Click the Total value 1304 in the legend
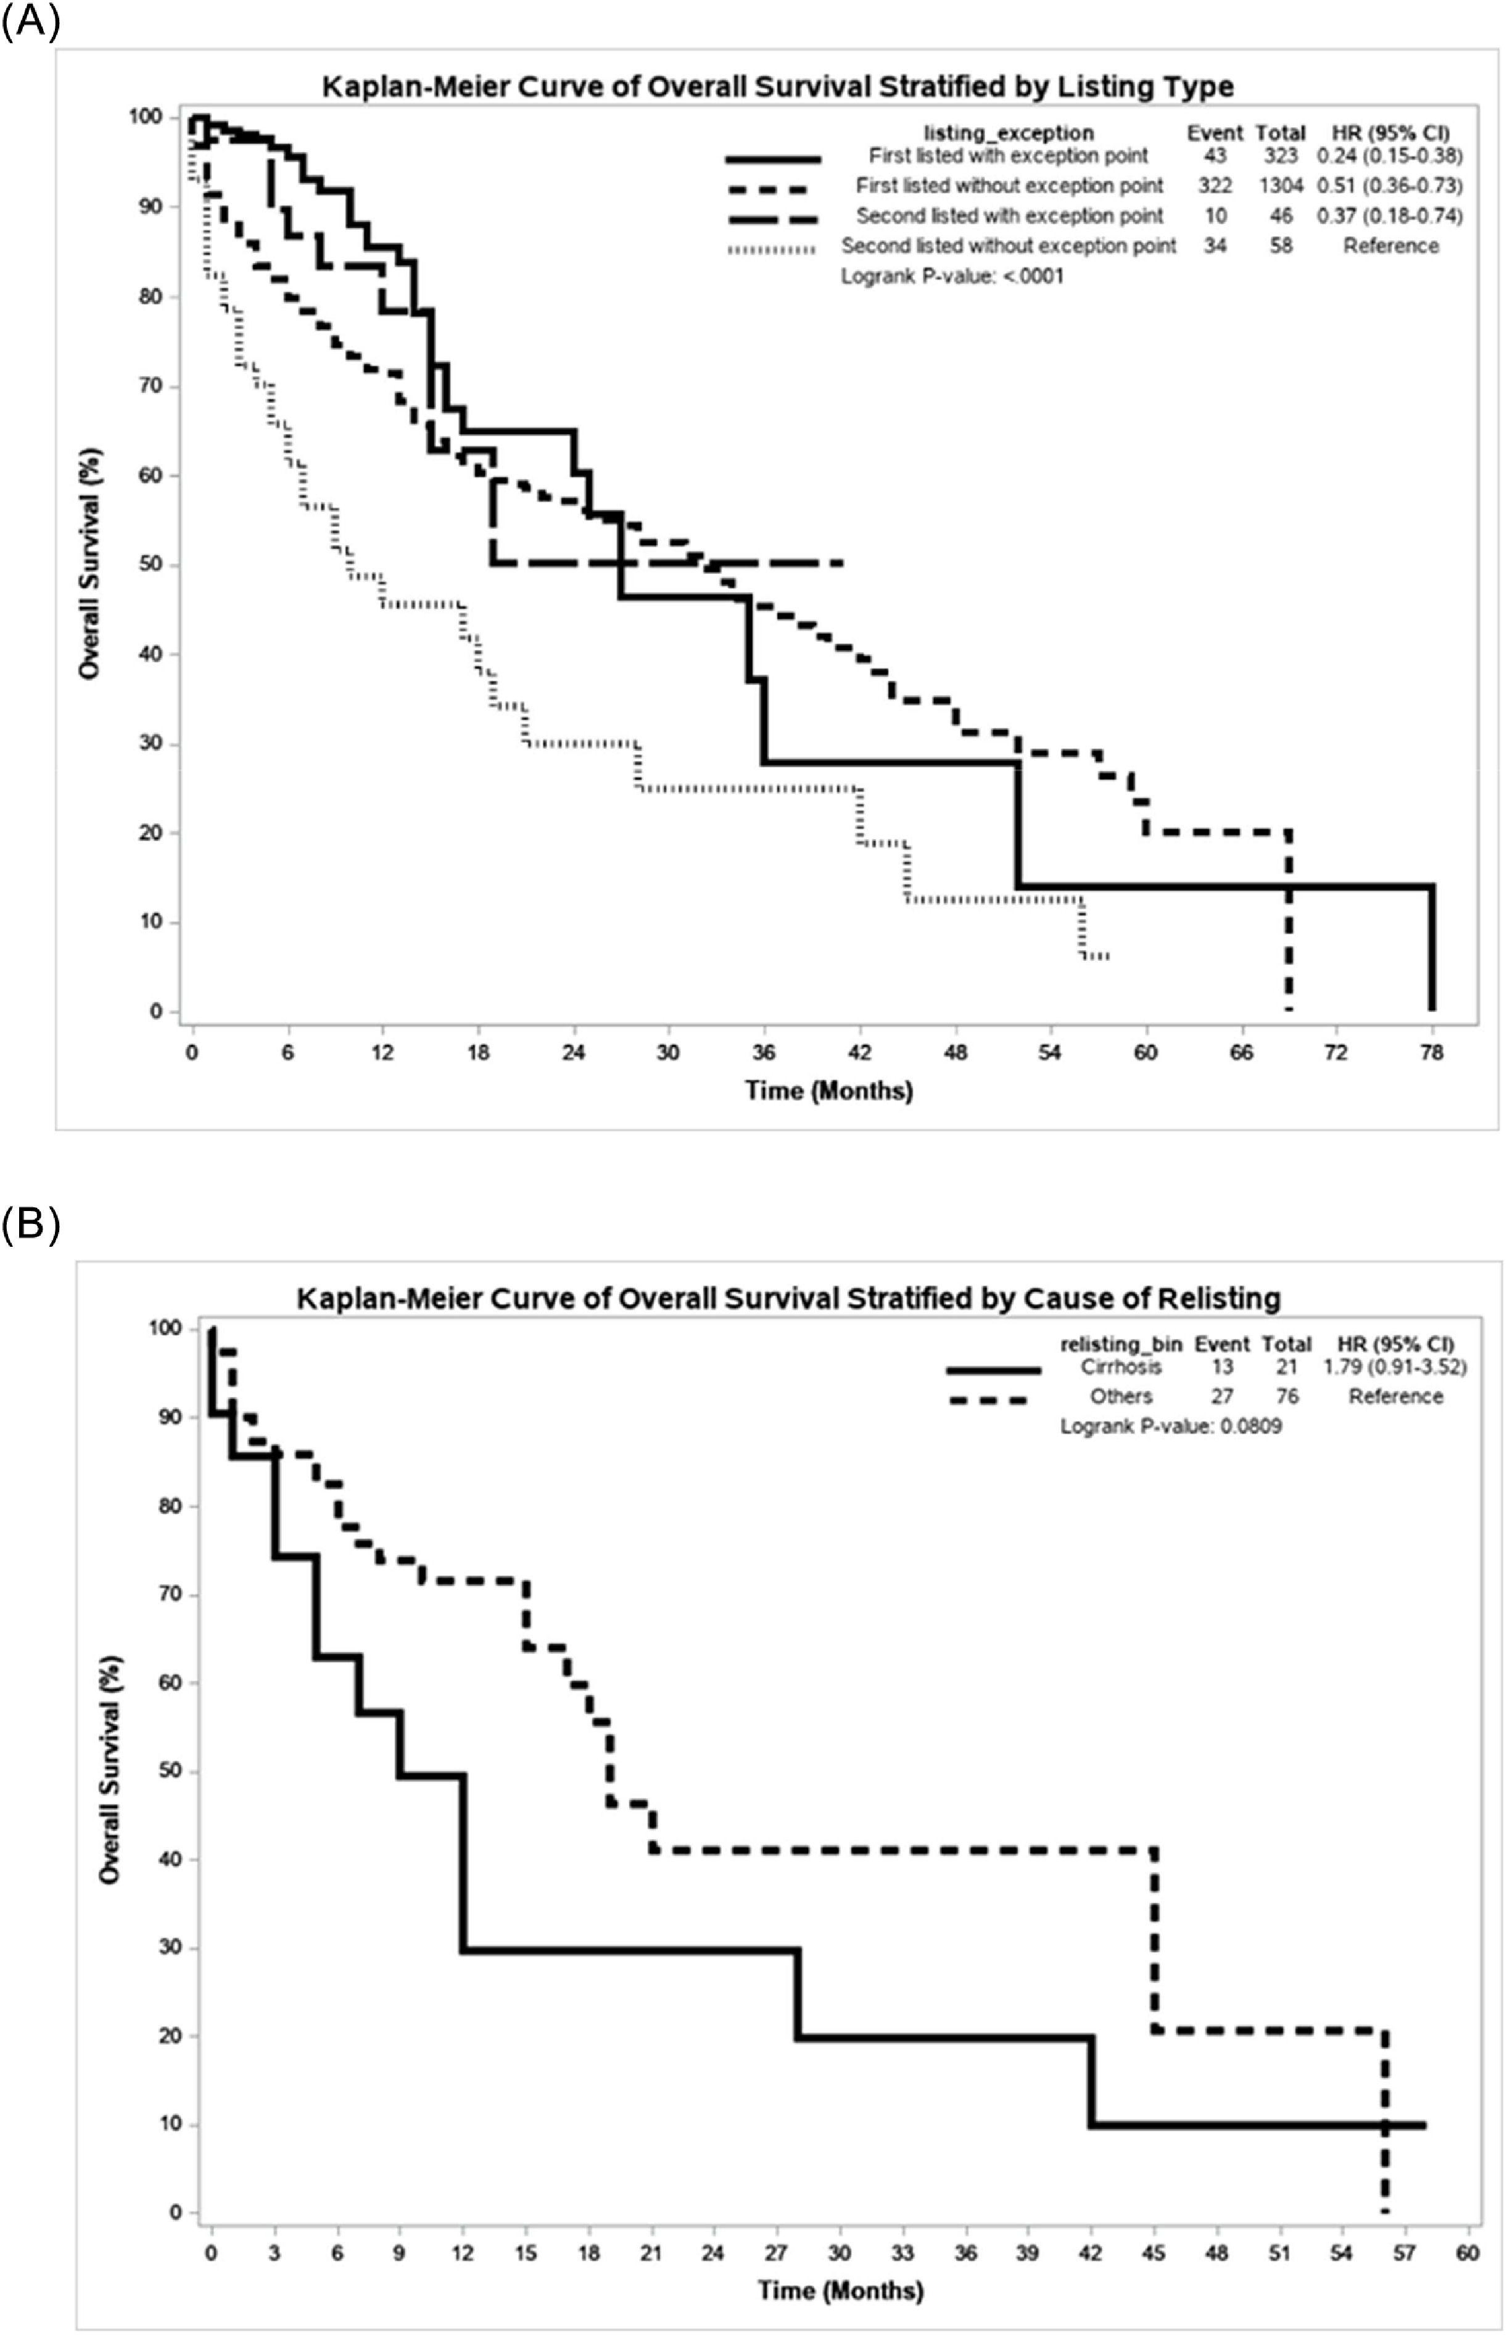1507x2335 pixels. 1281,186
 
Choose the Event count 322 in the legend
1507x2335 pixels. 1215,186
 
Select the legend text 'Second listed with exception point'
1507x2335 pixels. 1010,215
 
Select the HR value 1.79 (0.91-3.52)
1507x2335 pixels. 1395,1366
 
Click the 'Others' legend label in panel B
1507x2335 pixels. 1121,1396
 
